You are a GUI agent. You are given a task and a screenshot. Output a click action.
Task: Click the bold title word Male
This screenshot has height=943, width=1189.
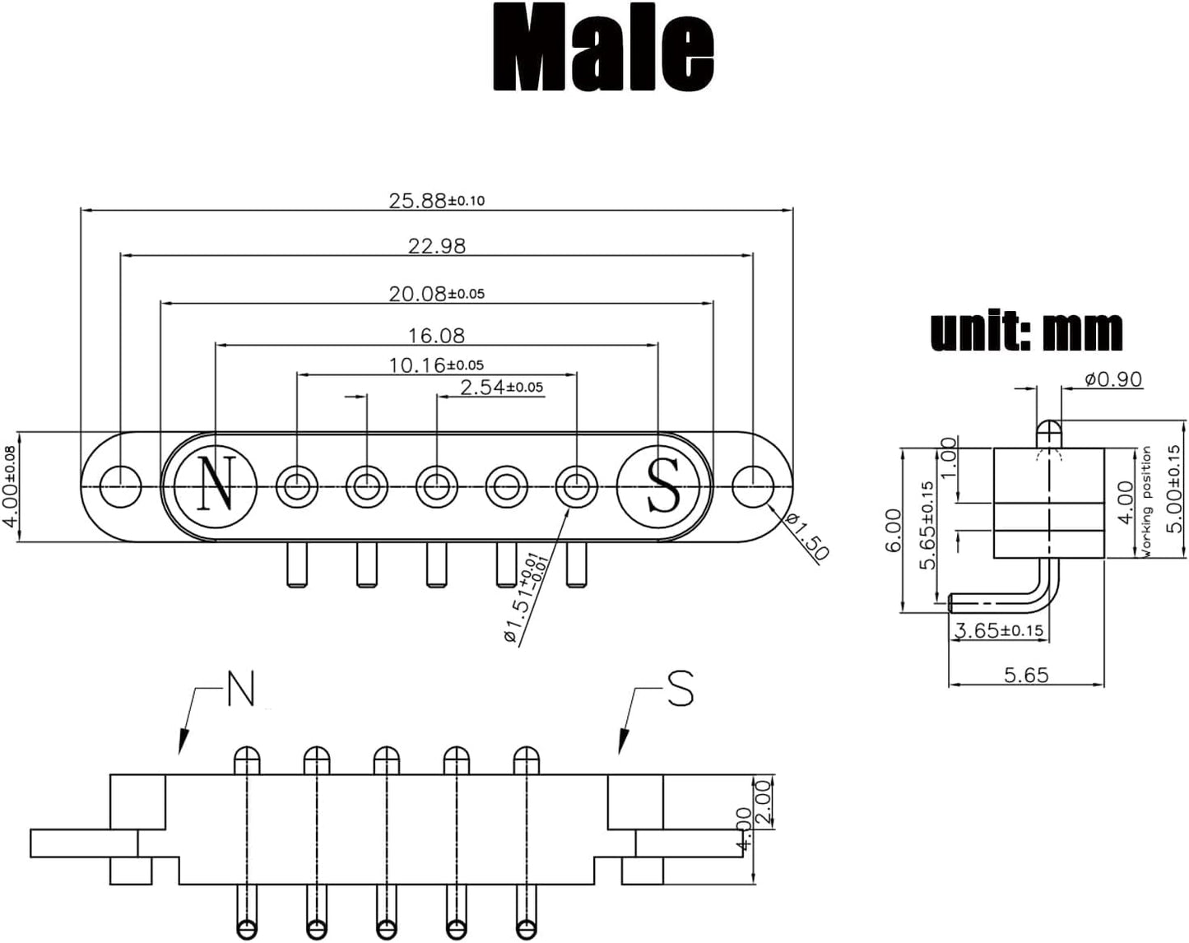[603, 48]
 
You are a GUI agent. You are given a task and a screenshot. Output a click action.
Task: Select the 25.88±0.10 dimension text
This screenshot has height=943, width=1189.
[436, 200]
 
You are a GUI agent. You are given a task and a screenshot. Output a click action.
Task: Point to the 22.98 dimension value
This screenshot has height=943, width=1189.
[436, 246]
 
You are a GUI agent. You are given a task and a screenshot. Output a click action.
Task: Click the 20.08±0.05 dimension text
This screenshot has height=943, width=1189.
[436, 294]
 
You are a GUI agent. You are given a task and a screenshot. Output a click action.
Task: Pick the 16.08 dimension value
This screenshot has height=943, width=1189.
[436, 336]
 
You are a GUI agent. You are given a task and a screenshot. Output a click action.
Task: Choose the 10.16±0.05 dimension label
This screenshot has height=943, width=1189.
[436, 365]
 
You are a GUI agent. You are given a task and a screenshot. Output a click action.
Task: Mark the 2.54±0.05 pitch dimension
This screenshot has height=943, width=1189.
[502, 388]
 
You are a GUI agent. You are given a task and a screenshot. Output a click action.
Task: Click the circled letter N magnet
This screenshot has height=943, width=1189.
[216, 487]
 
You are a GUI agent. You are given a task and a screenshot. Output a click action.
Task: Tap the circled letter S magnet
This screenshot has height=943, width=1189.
[658, 487]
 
